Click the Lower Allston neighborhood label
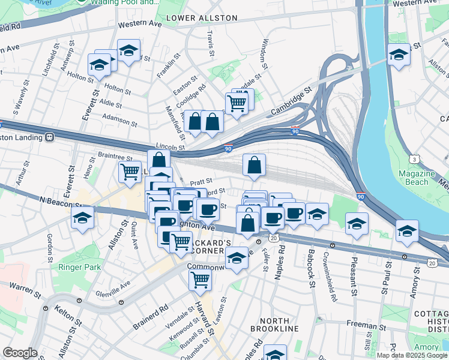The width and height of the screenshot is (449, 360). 201,18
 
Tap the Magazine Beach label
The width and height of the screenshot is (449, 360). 417,178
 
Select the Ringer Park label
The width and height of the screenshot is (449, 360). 78,266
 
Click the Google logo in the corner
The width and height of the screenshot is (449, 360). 20,353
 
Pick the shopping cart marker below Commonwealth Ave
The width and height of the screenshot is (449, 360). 200,278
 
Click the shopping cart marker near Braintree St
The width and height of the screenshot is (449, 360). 130,171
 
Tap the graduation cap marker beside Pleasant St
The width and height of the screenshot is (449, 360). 357,223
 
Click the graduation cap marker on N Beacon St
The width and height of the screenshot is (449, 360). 82,217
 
